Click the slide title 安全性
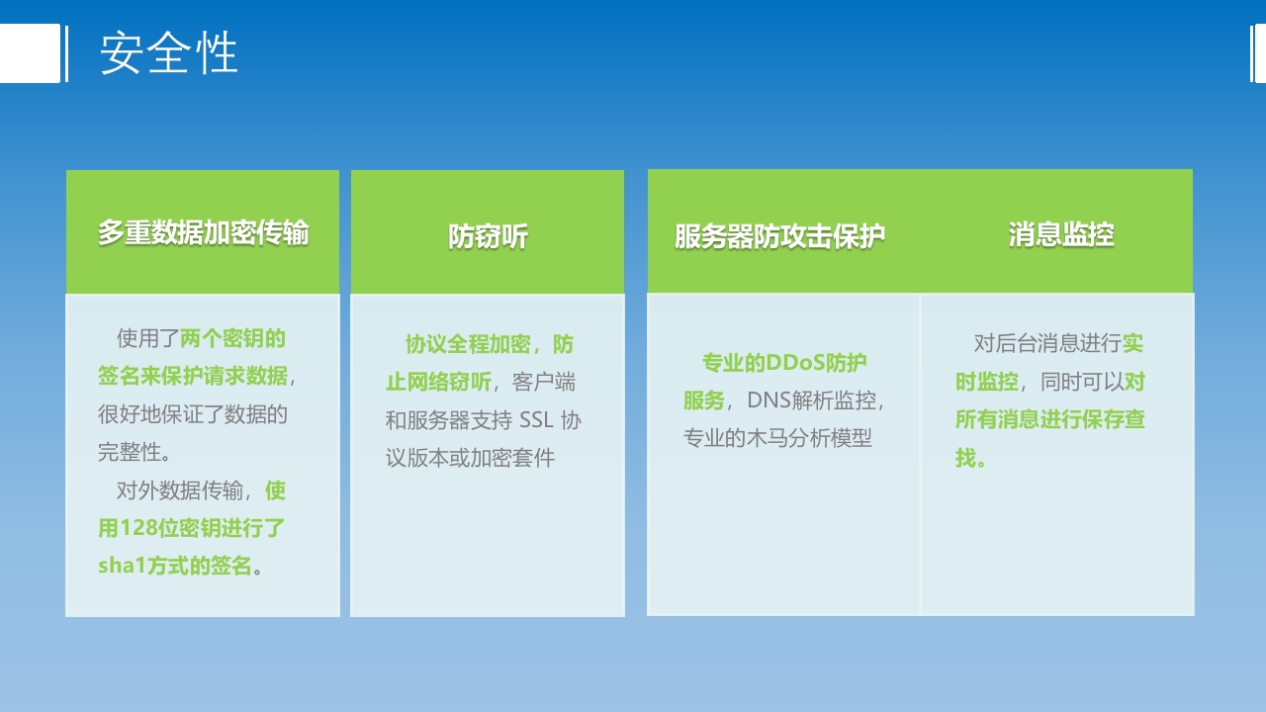169,53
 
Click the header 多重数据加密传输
203,232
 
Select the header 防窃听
488,236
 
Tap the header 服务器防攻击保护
779,236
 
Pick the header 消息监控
1061,234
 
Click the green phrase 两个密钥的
232,339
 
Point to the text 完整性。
136,453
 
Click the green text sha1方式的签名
175,567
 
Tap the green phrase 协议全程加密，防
489,344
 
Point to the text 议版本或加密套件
470,458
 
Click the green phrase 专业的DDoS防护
784,363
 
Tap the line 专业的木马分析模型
777,438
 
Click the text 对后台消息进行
1047,343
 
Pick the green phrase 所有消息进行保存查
1049,419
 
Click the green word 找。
970,458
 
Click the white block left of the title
30,53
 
